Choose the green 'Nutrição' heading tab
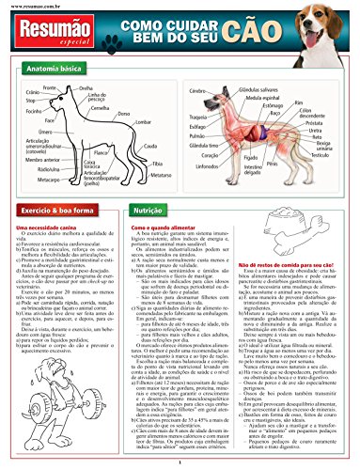[149, 213]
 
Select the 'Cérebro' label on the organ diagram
[196, 89]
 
